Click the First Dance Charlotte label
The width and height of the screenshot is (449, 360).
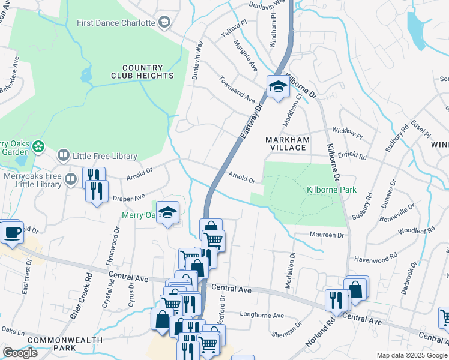click(116, 23)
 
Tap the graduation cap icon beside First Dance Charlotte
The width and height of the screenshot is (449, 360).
click(164, 23)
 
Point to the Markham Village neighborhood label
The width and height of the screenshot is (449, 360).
click(288, 143)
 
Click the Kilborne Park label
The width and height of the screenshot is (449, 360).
click(331, 190)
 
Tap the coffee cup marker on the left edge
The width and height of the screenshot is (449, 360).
click(12, 232)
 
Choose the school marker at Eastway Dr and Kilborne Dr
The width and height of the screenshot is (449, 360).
click(278, 87)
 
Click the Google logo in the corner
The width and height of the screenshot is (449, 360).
click(20, 353)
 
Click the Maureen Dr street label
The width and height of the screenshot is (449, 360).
click(327, 235)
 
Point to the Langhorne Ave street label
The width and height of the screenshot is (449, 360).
click(261, 315)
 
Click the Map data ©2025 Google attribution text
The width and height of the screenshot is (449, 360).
click(411, 355)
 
